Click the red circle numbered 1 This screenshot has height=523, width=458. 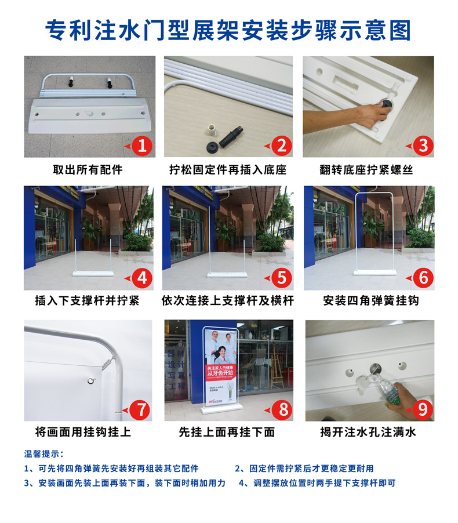143,146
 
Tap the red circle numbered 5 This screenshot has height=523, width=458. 282,278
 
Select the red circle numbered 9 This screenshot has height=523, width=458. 423,409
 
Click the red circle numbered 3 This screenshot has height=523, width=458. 423,146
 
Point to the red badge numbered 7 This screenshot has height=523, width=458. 142,409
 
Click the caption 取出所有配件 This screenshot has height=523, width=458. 88,170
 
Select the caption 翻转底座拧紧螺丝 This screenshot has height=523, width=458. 366,170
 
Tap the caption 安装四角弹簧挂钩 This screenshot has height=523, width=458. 370,300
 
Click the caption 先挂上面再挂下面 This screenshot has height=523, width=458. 227,432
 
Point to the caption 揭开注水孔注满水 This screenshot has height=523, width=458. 368,432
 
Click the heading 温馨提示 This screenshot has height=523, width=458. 43,453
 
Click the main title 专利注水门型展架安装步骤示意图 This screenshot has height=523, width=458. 228,31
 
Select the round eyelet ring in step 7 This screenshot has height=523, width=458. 91,381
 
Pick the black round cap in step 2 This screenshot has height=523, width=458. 212,147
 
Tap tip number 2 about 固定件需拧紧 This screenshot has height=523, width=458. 304,468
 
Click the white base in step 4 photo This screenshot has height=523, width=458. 93,274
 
